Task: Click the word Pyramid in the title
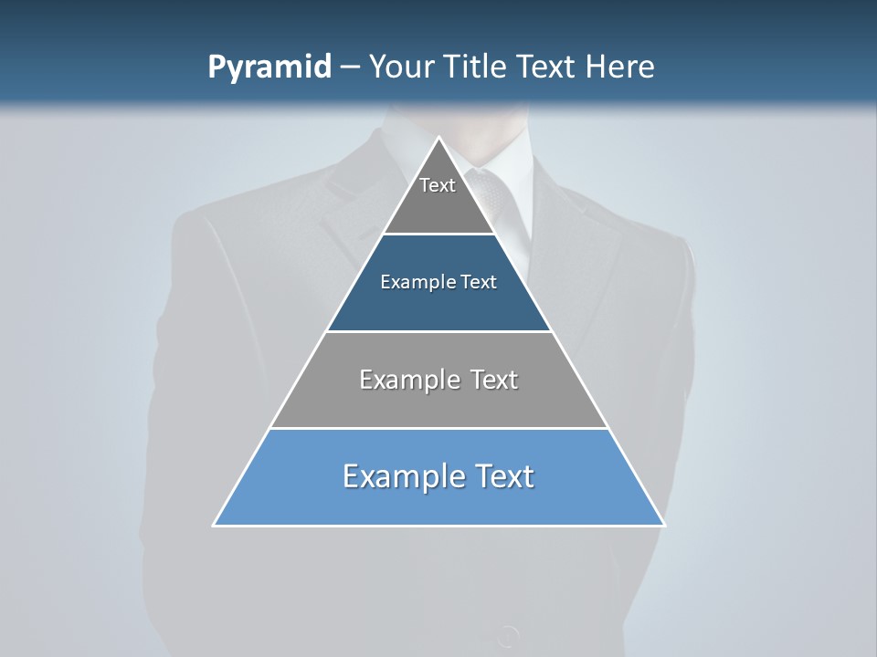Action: coord(269,68)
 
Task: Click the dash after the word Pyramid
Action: coord(350,68)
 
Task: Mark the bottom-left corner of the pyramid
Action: coord(214,525)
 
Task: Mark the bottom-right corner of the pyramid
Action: coord(664,525)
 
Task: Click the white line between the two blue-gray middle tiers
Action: coord(438,331)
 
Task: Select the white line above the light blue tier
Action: coord(438,428)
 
